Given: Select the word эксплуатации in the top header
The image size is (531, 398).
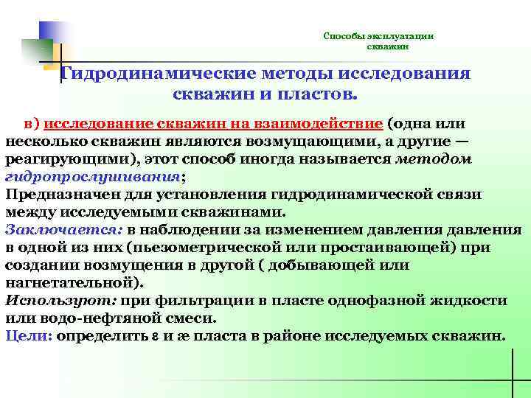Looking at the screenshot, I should tap(403, 35).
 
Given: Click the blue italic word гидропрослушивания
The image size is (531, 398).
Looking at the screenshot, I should tap(92, 176).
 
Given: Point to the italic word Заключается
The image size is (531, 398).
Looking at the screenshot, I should tap(62, 229).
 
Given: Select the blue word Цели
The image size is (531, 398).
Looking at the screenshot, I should tap(27, 335).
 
